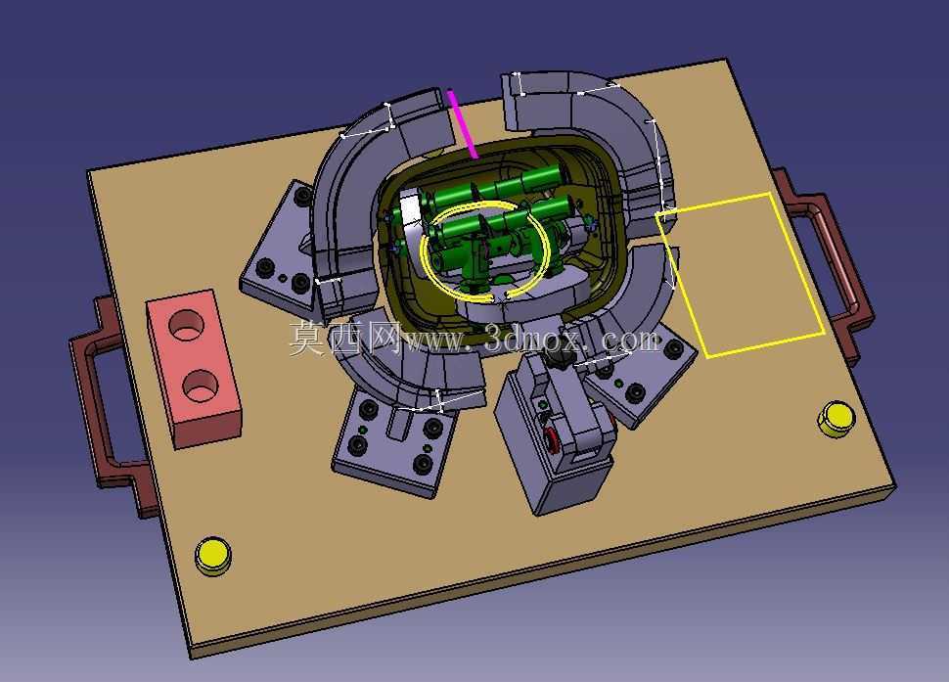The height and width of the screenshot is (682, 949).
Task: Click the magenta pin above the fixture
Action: click(x=463, y=123)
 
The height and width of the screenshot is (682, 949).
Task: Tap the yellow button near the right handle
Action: click(x=836, y=418)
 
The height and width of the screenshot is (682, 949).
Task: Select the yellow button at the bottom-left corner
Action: click(x=212, y=556)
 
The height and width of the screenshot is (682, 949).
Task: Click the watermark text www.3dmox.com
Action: click(x=531, y=341)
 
